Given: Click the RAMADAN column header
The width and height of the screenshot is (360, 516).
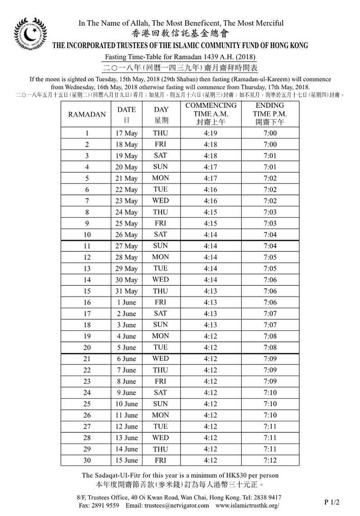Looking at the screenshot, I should [x=87, y=114].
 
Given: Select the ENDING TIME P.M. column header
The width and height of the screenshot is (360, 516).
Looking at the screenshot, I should [x=270, y=114].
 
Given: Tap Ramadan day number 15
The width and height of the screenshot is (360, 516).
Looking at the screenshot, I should [x=87, y=292].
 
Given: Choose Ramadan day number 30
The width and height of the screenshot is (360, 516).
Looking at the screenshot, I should [x=87, y=460].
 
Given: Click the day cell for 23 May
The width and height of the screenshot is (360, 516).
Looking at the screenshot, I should [x=161, y=201].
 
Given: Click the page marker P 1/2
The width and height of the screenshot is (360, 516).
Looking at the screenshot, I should [x=332, y=501].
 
